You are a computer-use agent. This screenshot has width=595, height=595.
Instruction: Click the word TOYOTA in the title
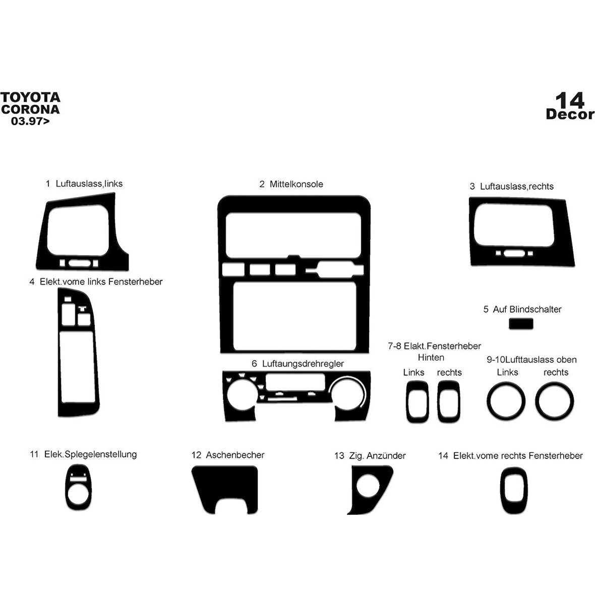pyautogui.click(x=30, y=97)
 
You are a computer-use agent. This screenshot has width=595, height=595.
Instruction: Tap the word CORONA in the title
pyautogui.click(x=30, y=109)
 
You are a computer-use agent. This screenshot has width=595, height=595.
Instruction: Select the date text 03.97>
pyautogui.click(x=30, y=121)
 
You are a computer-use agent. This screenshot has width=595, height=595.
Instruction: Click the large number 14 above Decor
pyautogui.click(x=570, y=100)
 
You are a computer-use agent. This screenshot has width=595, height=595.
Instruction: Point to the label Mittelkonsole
pyautogui.click(x=296, y=184)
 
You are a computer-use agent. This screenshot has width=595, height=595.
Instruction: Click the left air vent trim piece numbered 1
pyautogui.click(x=82, y=231)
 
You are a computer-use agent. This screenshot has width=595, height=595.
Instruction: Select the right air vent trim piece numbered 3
pyautogui.click(x=522, y=232)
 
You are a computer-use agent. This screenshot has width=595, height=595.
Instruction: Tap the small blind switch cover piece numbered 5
pyautogui.click(x=521, y=324)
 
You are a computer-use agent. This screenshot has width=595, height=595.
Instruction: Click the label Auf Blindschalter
pyautogui.click(x=527, y=309)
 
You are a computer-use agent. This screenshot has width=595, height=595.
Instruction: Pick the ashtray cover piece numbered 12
pyautogui.click(x=225, y=490)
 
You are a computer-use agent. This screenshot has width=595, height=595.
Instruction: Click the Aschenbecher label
pyautogui.click(x=235, y=455)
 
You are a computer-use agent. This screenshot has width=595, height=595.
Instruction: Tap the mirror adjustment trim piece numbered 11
pyautogui.click(x=79, y=487)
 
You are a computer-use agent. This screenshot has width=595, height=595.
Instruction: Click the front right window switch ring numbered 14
pyautogui.click(x=514, y=490)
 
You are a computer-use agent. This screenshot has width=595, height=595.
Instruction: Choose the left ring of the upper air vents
pyautogui.click(x=506, y=401)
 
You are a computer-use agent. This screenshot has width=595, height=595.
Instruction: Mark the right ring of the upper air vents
pyautogui.click(x=555, y=401)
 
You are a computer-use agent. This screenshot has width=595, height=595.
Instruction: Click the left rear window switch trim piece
pyautogui.click(x=418, y=402)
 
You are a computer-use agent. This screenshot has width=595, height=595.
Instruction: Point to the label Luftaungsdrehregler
pyautogui.click(x=303, y=364)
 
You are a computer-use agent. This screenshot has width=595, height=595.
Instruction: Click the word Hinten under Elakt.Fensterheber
pyautogui.click(x=431, y=358)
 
